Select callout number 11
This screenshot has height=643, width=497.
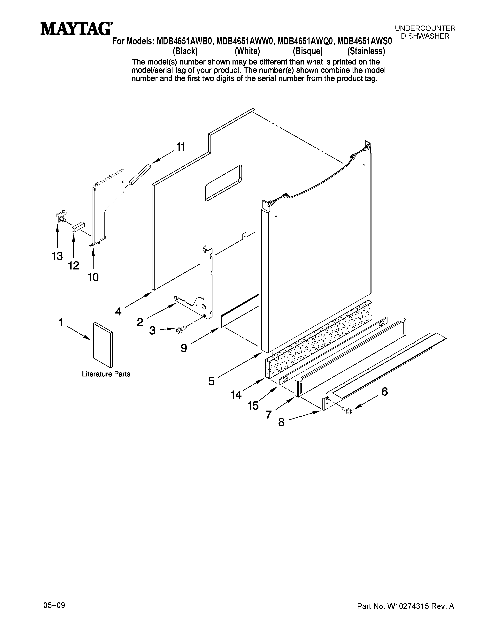tap(181, 147)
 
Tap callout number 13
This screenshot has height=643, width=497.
tap(57, 256)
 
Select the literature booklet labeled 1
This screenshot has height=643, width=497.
tap(103, 345)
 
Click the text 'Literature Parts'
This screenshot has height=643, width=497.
tap(106, 374)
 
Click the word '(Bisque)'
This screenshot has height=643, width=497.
tap(308, 51)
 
